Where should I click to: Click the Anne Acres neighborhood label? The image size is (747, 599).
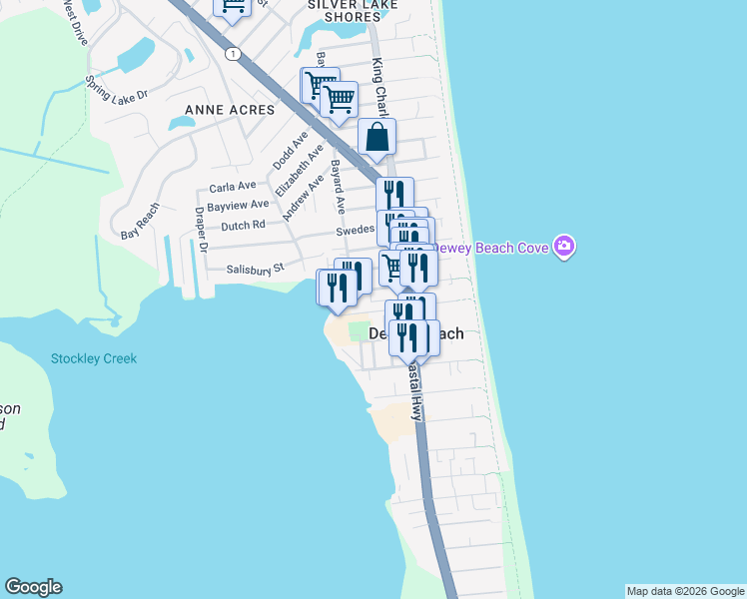click(x=229, y=109)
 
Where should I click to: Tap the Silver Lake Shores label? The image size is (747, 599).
click(x=353, y=5)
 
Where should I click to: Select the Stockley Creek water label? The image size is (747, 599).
click(x=94, y=358)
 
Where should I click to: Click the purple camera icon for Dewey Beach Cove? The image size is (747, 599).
click(x=564, y=247)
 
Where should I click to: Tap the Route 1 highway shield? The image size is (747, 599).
click(x=232, y=54)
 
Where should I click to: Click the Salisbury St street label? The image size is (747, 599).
click(x=256, y=268)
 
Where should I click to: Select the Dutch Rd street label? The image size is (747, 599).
click(x=243, y=226)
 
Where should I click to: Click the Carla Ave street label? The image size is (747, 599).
click(x=233, y=186)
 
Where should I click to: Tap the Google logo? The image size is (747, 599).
click(x=33, y=587)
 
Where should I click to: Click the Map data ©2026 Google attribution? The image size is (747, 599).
click(x=685, y=591)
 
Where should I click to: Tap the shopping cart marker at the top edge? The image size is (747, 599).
click(x=233, y=8)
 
